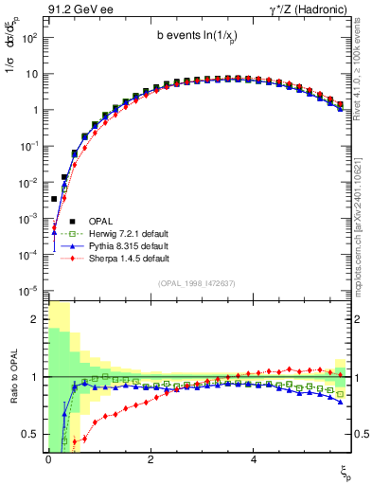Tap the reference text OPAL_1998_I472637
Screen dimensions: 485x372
[198, 282]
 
